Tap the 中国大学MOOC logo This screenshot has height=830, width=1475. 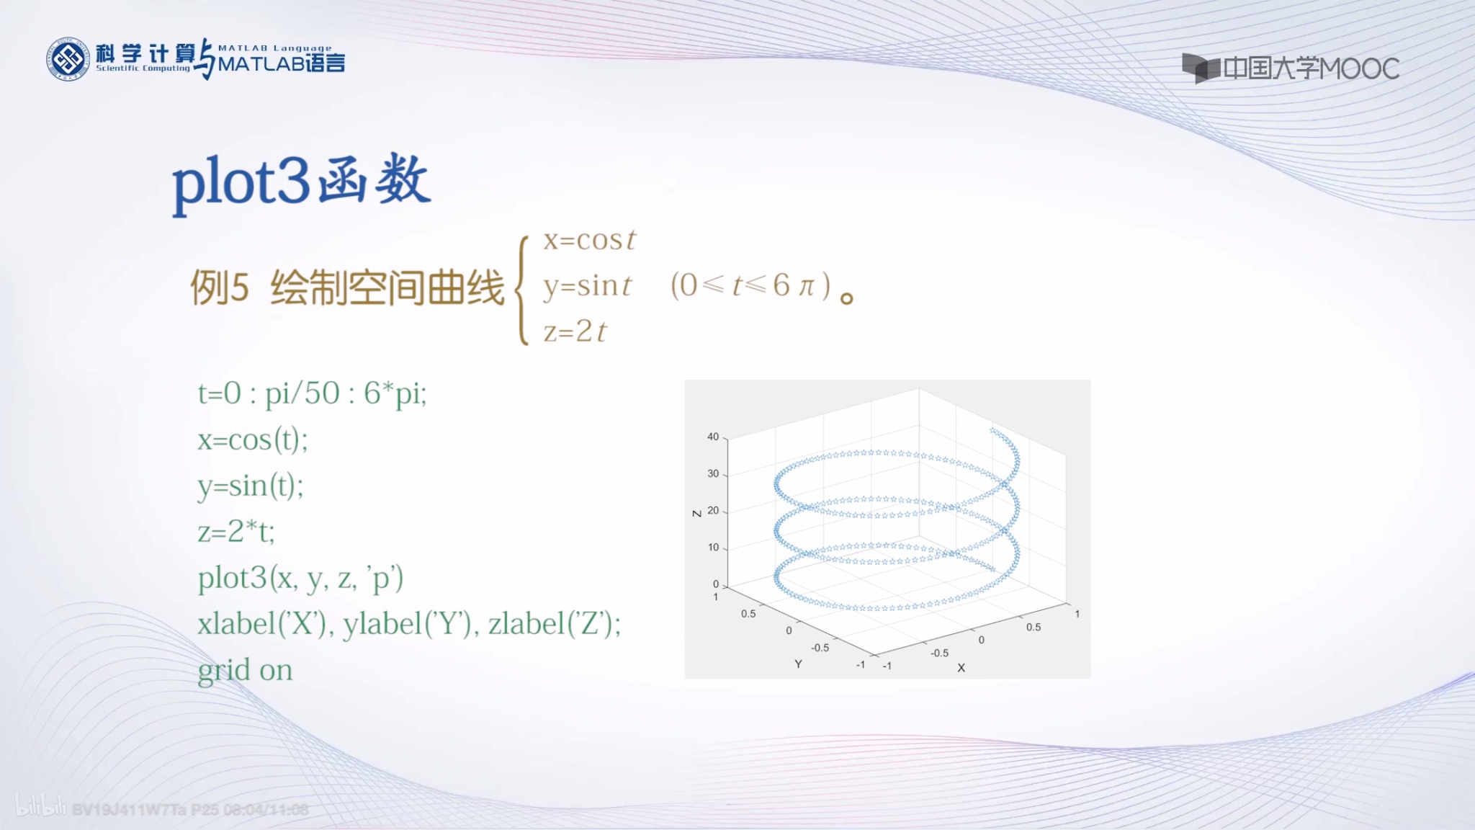pyautogui.click(x=1291, y=68)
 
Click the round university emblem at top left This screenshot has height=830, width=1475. pyautogui.click(x=68, y=59)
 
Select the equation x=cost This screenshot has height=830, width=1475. pyautogui.click(x=589, y=240)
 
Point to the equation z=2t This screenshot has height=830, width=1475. pyautogui.click(x=575, y=331)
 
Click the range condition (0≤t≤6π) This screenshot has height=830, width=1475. pyautogui.click(x=750, y=285)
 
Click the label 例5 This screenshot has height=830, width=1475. pyautogui.click(x=219, y=287)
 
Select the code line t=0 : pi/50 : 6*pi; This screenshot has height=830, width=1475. pyautogui.click(x=312, y=393)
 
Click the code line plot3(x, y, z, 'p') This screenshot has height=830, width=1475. pyautogui.click(x=300, y=578)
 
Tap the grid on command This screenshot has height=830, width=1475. pyautogui.click(x=245, y=670)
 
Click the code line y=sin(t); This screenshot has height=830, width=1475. pyautogui.click(x=251, y=486)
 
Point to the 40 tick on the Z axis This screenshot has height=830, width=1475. pyautogui.click(x=713, y=437)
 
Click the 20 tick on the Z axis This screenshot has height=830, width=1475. pyautogui.click(x=713, y=510)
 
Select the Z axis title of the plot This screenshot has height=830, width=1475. pyautogui.click(x=696, y=513)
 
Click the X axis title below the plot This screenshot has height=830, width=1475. pyautogui.click(x=961, y=668)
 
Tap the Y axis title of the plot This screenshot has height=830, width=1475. pyautogui.click(x=798, y=664)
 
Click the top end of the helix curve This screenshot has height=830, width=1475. pyautogui.click(x=992, y=430)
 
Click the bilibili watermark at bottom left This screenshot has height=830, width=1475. pyautogui.click(x=40, y=807)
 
